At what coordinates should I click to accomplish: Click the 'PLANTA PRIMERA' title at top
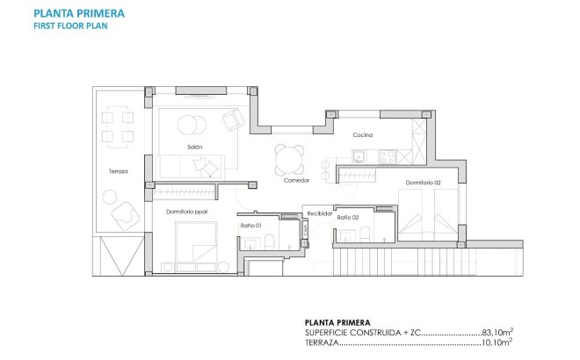pyautogui.click(x=78, y=14)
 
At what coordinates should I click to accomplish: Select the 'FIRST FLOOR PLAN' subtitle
pyautogui.click(x=69, y=26)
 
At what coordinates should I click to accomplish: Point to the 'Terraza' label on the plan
pyautogui.click(x=118, y=171)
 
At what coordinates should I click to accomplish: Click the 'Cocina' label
pyautogui.click(x=363, y=135)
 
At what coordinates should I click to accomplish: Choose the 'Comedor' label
pyautogui.click(x=295, y=180)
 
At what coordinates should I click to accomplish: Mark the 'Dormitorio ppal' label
pyautogui.click(x=186, y=212)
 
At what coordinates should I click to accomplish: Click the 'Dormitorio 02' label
pyautogui.click(x=423, y=183)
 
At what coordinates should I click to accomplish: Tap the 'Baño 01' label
pyautogui.click(x=251, y=225)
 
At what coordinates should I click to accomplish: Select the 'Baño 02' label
pyautogui.click(x=349, y=217)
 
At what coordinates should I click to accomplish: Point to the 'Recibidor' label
pyautogui.click(x=320, y=212)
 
